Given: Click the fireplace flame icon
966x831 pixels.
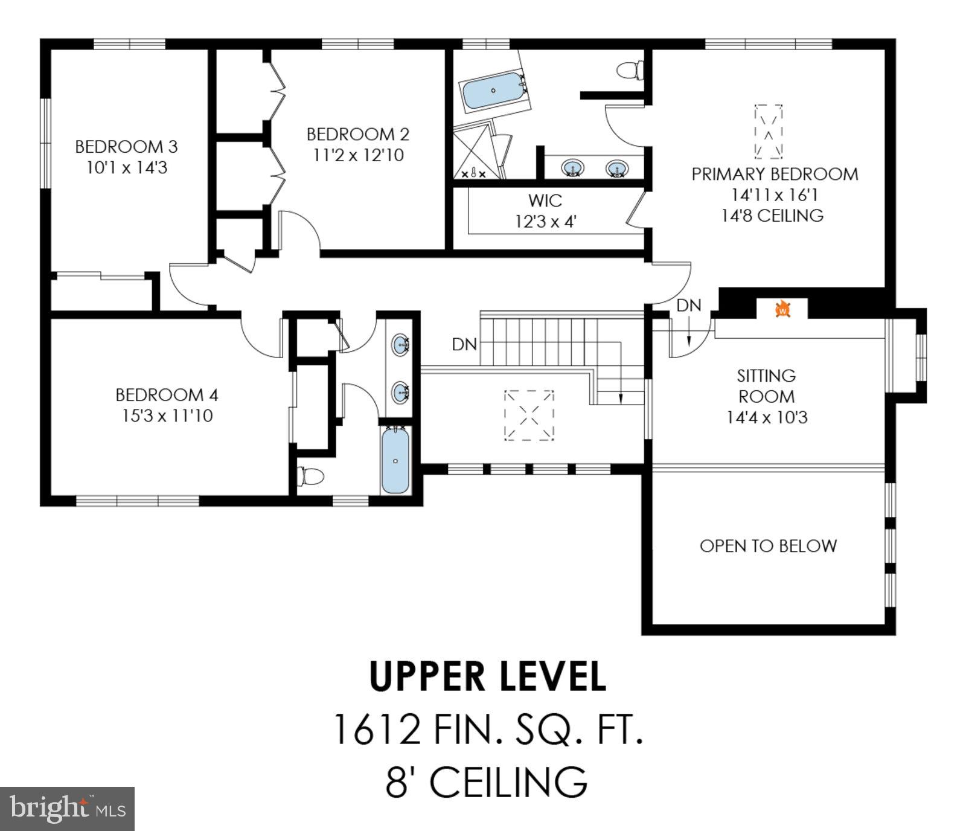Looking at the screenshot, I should click(x=782, y=309).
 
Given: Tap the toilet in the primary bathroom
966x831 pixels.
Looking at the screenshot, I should click(x=630, y=70).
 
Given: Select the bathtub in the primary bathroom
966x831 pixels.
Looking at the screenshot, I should click(x=493, y=91).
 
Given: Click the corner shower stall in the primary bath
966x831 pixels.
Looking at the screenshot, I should click(x=477, y=152).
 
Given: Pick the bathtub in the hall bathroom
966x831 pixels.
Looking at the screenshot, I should click(x=395, y=460).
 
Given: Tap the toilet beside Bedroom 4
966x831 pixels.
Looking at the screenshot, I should click(x=310, y=476).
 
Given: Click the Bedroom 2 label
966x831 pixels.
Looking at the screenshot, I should click(x=358, y=134).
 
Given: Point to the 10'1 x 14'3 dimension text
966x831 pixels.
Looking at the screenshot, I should click(x=127, y=168).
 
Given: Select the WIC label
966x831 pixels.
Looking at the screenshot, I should click(x=545, y=200).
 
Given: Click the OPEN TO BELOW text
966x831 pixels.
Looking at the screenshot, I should click(x=768, y=546).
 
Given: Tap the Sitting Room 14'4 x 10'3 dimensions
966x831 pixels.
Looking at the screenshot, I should click(x=767, y=417).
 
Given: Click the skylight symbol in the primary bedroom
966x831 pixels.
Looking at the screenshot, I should click(x=768, y=132).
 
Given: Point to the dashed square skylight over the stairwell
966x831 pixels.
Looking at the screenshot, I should click(x=529, y=415).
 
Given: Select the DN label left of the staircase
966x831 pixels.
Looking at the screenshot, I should click(x=464, y=344).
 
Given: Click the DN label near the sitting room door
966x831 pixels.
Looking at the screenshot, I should click(x=688, y=306).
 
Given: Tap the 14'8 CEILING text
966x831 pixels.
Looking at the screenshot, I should click(x=772, y=216).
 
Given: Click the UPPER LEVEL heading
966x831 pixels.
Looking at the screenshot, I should click(x=487, y=676).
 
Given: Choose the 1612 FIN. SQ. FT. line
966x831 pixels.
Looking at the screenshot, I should click(x=487, y=729).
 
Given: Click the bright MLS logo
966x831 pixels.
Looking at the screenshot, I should click(x=67, y=809).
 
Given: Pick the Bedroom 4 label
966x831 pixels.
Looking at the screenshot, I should click(x=167, y=395).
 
